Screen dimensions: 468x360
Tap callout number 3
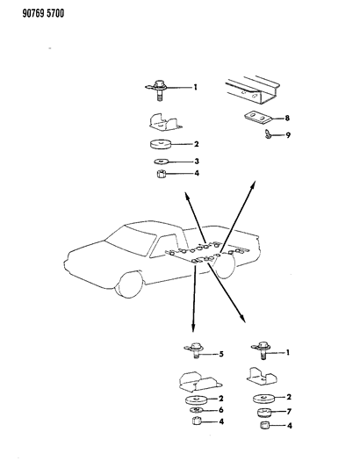[196, 162]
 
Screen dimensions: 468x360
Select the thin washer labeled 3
[162, 162]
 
